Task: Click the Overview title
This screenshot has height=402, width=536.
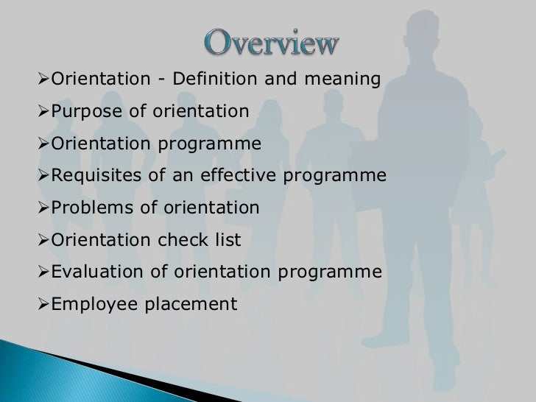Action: (272, 43)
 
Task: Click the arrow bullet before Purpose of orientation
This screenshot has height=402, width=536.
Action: (43, 112)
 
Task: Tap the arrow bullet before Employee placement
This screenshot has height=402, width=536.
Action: (43, 305)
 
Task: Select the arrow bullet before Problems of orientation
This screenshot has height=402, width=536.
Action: (43, 208)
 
